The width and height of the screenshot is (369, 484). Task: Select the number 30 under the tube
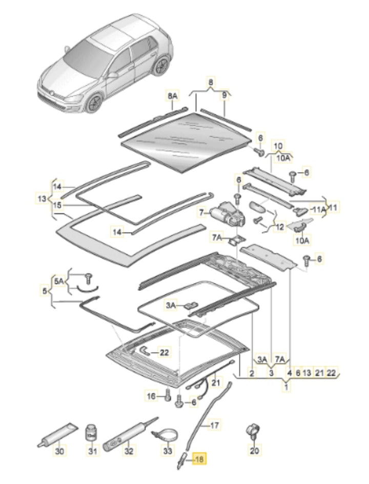point(60,452)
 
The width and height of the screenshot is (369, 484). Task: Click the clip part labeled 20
point(253,430)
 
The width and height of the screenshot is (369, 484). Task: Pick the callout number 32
point(129,452)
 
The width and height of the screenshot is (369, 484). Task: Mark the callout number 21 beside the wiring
point(215,382)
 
